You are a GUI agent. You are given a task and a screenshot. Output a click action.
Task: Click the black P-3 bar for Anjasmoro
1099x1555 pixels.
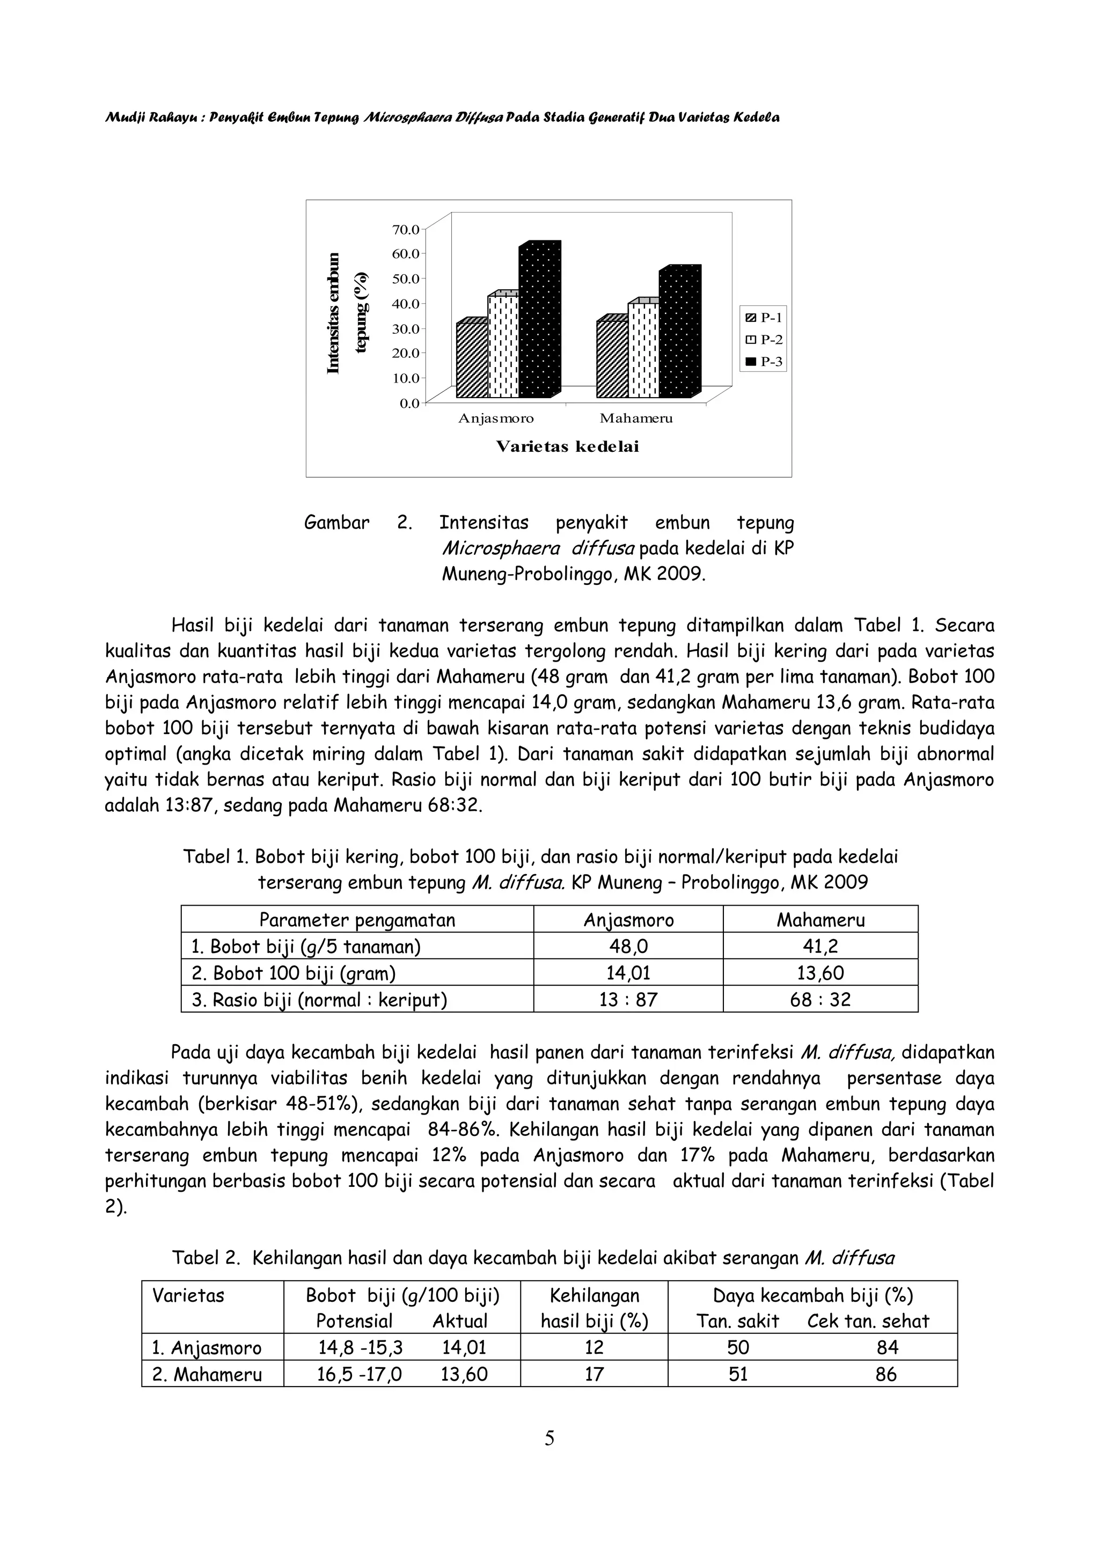(538, 322)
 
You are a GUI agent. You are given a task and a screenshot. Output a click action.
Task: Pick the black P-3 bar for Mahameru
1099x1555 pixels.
(678, 335)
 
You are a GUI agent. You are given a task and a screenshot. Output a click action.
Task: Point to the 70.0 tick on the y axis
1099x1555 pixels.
(406, 229)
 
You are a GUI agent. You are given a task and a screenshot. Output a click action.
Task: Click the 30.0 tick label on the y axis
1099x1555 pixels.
(406, 328)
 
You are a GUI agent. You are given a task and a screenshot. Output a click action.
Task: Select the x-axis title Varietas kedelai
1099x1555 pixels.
(567, 446)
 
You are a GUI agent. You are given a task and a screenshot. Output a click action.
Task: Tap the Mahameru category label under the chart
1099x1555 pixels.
(636, 418)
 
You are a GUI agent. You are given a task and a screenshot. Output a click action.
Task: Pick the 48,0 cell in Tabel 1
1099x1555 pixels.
(628, 946)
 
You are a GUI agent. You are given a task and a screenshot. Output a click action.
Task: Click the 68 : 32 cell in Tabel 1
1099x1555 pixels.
(820, 999)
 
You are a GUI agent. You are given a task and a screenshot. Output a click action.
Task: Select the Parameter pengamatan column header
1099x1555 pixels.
(357, 920)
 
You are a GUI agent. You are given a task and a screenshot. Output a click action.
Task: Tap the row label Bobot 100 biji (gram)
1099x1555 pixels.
(294, 973)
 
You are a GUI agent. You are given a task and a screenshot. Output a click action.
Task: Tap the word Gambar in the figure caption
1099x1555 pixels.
(336, 523)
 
